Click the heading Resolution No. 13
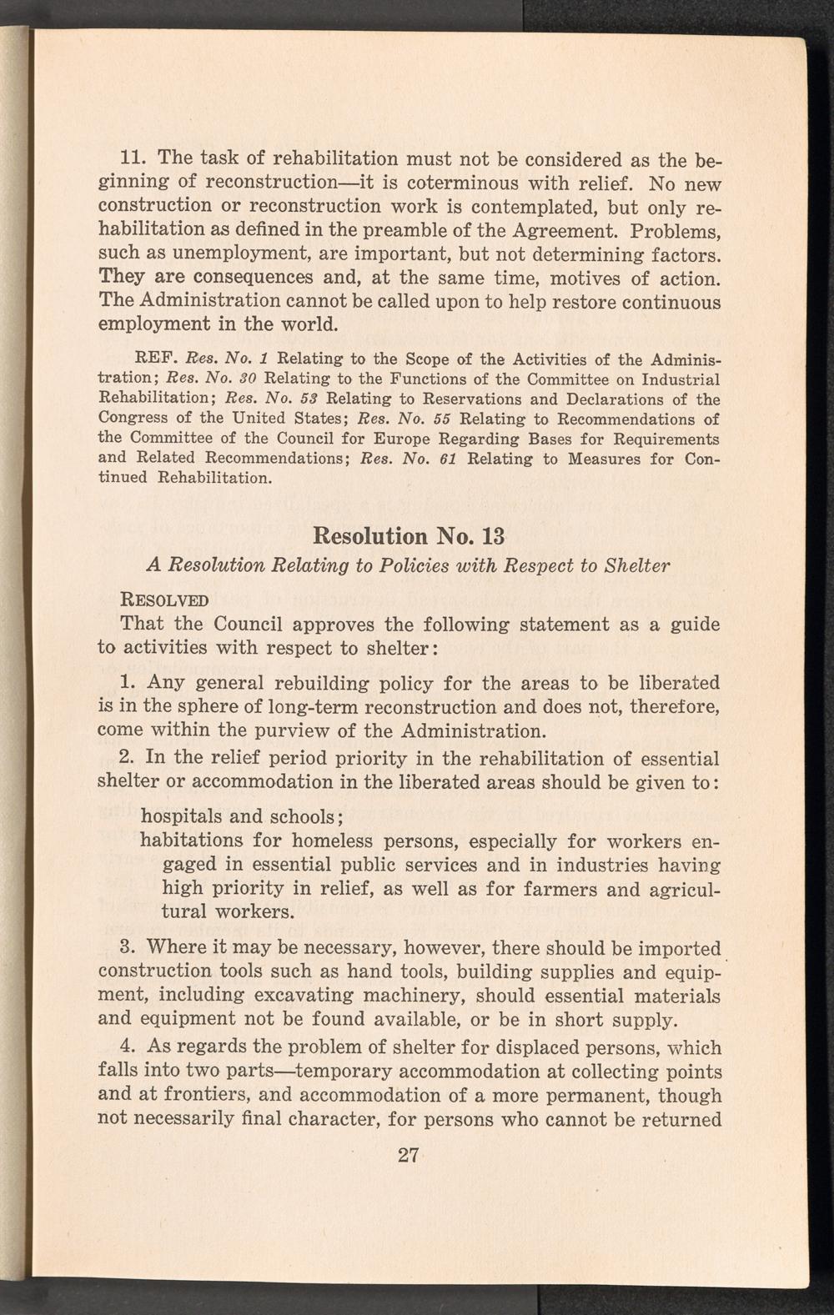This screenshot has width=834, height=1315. [408, 535]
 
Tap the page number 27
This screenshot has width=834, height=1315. [408, 1156]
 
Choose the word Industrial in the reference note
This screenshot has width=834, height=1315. [676, 379]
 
